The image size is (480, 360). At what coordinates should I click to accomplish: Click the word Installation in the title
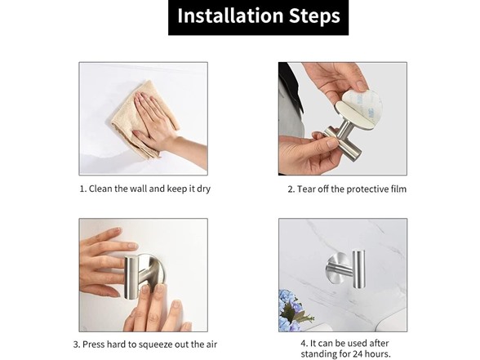pos(230,16)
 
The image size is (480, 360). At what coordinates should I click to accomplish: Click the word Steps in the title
pos(315,16)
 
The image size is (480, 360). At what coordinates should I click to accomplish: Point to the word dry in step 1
pos(203,189)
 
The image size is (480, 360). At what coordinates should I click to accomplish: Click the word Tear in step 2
pos(306,189)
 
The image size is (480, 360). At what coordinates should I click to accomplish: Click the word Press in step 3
pos(92,344)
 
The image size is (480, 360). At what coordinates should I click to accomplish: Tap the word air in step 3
pos(211,344)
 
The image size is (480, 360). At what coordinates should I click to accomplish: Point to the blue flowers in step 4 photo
pos(288,309)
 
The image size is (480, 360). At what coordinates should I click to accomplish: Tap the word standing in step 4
pos(317,355)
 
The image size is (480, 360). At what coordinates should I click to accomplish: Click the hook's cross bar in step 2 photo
pos(343,142)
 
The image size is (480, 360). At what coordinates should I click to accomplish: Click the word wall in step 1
pos(139,189)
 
